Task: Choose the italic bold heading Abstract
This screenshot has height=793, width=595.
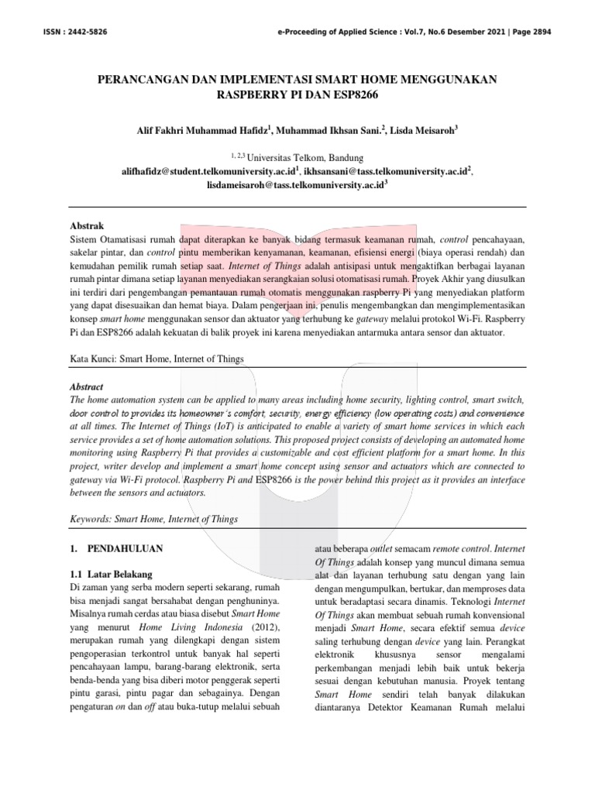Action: tap(86, 386)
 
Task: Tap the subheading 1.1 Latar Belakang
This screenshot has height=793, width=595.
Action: tap(111, 574)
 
